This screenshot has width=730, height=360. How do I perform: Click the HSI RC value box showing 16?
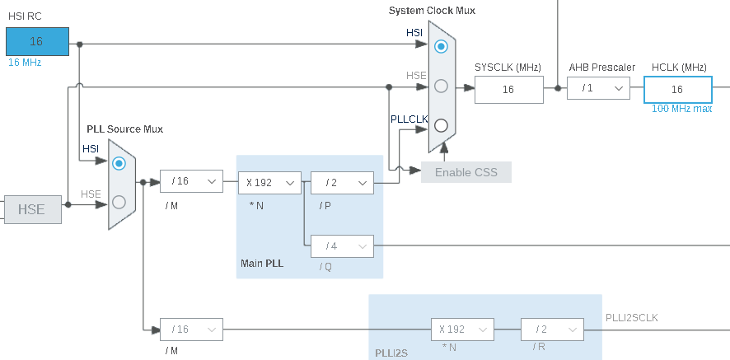[x=37, y=41]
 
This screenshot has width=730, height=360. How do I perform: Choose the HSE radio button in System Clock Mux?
[x=442, y=86]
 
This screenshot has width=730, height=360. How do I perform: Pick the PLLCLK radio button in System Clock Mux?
[x=442, y=126]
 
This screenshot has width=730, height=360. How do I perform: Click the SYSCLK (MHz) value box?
[x=508, y=89]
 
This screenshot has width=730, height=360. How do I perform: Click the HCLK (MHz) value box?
[x=677, y=89]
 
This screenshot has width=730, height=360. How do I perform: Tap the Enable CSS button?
[x=466, y=172]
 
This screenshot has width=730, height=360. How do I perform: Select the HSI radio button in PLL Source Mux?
[x=119, y=163]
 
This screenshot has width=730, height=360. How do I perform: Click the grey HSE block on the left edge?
[x=31, y=210]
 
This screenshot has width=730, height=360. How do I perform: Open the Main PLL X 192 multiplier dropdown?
[x=269, y=182]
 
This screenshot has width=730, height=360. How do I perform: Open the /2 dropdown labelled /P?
[x=342, y=182]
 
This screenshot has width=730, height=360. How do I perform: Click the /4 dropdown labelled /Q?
[x=342, y=245]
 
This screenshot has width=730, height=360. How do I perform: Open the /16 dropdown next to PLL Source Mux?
[x=191, y=181]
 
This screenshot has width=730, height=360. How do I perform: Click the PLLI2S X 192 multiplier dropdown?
[x=461, y=329]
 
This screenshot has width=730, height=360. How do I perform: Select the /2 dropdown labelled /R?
[x=552, y=329]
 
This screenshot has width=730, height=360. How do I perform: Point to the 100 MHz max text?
[x=681, y=109]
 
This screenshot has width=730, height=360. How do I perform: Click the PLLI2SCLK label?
[x=632, y=317]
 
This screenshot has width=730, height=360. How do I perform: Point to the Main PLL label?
[x=262, y=264]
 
